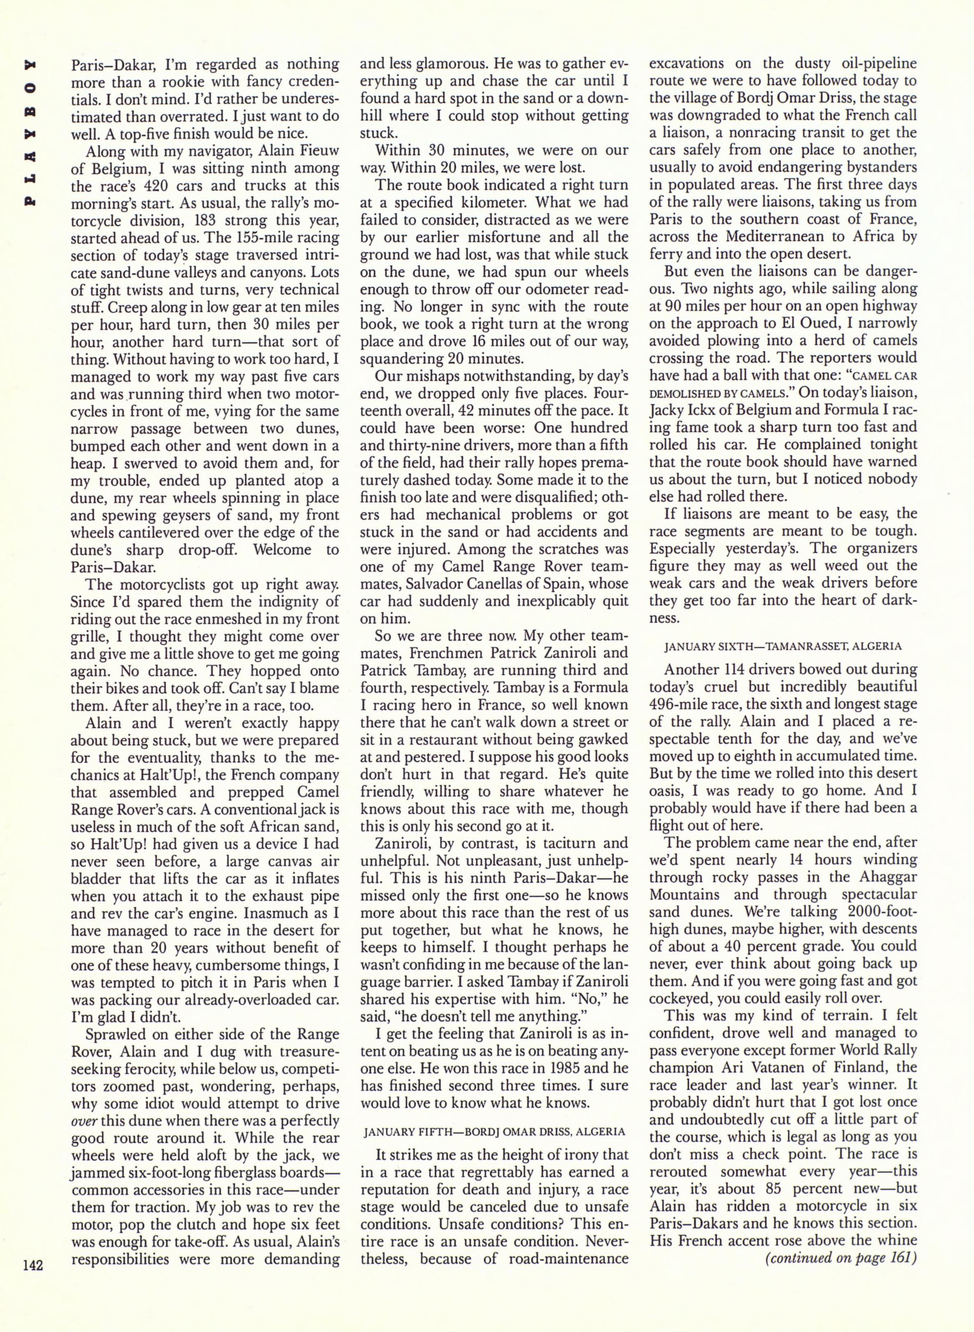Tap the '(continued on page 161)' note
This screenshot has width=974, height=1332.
(841, 1258)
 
